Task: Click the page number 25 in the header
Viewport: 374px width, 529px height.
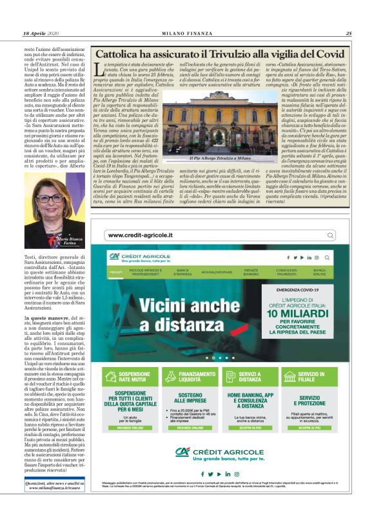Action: [x=348, y=34]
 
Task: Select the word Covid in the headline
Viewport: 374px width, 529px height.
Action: [x=326, y=54]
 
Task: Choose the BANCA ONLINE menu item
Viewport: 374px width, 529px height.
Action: [x=320, y=272]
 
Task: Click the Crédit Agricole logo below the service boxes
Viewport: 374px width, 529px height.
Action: [x=220, y=454]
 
